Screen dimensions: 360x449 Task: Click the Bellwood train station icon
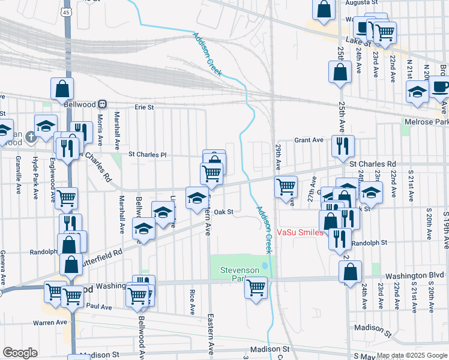[x=103, y=103]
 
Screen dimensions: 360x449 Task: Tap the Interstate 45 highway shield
[x=66, y=11]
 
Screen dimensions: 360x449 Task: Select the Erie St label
[x=144, y=107]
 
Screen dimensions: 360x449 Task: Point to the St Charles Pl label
[x=147, y=155]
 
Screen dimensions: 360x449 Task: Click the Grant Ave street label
[x=309, y=140]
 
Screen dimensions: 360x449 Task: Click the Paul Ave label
[x=99, y=307]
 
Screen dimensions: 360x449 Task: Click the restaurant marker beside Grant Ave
[x=343, y=146]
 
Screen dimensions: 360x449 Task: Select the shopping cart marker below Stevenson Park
[x=256, y=288]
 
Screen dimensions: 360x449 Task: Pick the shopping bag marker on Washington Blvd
[x=350, y=271]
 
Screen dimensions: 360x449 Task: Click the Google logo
[x=20, y=352]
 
